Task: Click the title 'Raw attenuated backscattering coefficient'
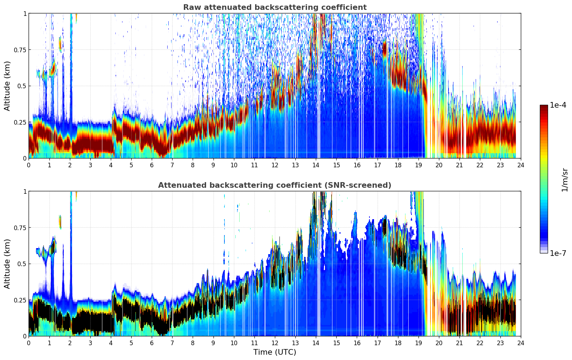pyautogui.click(x=275, y=7)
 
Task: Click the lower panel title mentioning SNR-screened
pyautogui.click(x=275, y=185)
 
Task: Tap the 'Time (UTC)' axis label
pyautogui.click(x=275, y=352)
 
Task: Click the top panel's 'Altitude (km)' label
pyautogui.click(x=7, y=86)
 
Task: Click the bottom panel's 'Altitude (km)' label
pyautogui.click(x=7, y=264)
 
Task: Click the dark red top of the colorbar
pyautogui.click(x=543, y=107)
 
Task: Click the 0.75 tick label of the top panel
pyautogui.click(x=20, y=50)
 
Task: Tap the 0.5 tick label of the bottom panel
pyautogui.click(x=22, y=264)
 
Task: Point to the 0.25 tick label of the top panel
pyautogui.click(x=20, y=122)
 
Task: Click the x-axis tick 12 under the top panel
pyautogui.click(x=275, y=165)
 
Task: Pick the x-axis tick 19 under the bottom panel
pyautogui.click(x=418, y=343)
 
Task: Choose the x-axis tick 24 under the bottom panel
pyautogui.click(x=521, y=343)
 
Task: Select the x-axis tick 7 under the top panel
pyautogui.click(x=172, y=165)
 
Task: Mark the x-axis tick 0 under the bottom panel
pyautogui.click(x=29, y=343)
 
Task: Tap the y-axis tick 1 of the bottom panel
pyautogui.click(x=25, y=192)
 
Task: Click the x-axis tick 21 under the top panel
pyautogui.click(x=459, y=165)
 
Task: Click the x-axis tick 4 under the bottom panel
pyautogui.click(x=111, y=343)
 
